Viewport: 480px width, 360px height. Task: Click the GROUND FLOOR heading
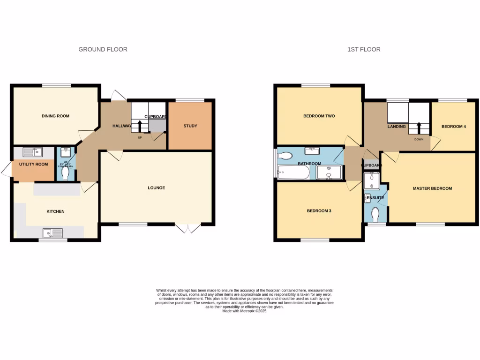[103, 49]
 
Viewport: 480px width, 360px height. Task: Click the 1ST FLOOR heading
[364, 49]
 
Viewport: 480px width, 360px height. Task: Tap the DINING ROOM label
[55, 116]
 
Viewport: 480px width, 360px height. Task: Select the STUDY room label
[190, 126]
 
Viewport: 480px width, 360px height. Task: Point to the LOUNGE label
[156, 188]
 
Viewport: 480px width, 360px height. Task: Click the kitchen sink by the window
[52, 232]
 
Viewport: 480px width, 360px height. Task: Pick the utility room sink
[33, 152]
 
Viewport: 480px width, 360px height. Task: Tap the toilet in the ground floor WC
[66, 174]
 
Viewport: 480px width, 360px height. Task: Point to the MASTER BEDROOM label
[432, 188]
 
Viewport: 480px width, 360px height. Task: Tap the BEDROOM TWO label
[319, 116]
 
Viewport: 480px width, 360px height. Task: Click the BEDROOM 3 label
[319, 211]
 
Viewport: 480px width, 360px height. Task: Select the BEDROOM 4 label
[454, 126]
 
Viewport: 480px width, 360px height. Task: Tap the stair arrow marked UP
[140, 126]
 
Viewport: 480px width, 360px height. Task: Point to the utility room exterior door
[6, 170]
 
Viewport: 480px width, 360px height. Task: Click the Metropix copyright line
[244, 311]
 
